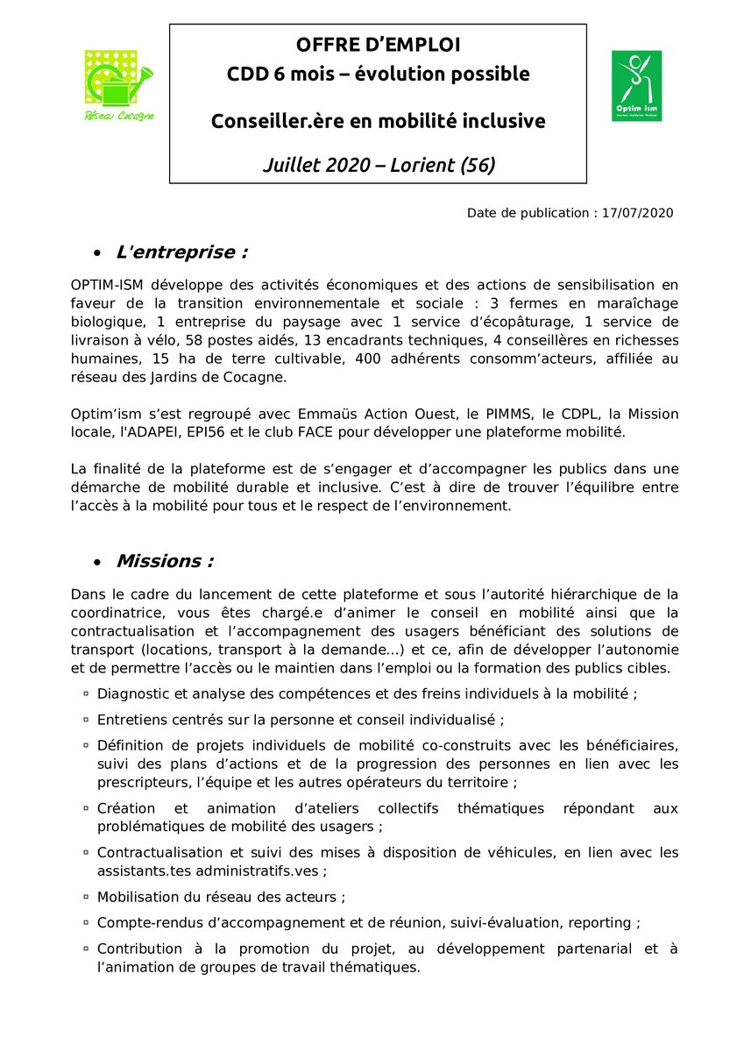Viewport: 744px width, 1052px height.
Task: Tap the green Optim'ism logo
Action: click(635, 85)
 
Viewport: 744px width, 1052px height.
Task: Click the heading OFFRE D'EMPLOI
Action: click(378, 45)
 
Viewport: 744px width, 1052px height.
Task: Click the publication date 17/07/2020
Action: click(637, 213)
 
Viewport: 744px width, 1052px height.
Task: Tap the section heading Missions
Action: click(165, 561)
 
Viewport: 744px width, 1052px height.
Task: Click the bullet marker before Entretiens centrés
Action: click(86, 720)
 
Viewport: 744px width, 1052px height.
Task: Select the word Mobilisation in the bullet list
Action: click(140, 897)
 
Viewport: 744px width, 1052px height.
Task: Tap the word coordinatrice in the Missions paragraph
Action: click(122, 614)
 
